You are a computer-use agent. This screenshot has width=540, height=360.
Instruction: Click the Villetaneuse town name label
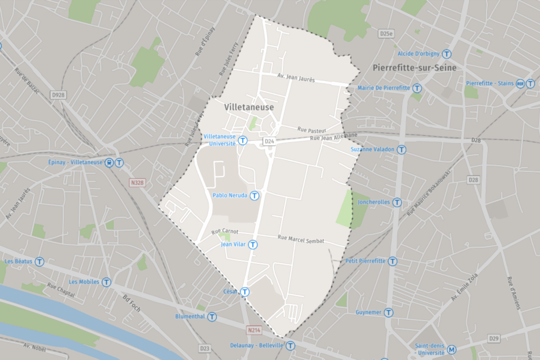point(249,107)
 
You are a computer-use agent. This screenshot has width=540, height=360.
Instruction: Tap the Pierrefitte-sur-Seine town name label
point(414,68)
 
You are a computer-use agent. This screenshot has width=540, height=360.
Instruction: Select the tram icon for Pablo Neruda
point(255,196)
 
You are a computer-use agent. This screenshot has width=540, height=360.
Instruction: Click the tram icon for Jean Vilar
point(253,245)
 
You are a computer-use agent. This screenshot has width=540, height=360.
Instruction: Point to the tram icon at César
point(245,291)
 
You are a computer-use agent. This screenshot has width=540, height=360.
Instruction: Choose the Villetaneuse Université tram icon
point(243,140)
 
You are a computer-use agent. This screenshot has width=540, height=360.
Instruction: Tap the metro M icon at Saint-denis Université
point(451,349)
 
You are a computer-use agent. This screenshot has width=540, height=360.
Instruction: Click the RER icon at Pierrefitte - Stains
point(520,83)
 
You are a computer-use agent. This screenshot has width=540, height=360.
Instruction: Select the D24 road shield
point(269,141)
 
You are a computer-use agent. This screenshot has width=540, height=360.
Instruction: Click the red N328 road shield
point(137,183)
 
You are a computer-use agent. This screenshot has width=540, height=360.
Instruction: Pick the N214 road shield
point(254,329)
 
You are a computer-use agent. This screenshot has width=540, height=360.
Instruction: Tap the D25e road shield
point(386,34)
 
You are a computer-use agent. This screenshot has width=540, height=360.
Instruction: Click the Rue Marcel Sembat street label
point(301,239)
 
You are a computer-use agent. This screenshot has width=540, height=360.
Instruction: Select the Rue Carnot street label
point(225,232)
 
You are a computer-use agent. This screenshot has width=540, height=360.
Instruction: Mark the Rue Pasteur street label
point(312,129)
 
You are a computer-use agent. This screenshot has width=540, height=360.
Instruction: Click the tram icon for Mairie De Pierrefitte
point(417,88)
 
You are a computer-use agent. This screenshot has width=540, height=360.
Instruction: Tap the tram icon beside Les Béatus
point(39,261)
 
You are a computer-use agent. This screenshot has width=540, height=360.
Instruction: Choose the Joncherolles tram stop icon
point(397,202)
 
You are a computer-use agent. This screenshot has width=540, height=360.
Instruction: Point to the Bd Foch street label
point(131,303)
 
